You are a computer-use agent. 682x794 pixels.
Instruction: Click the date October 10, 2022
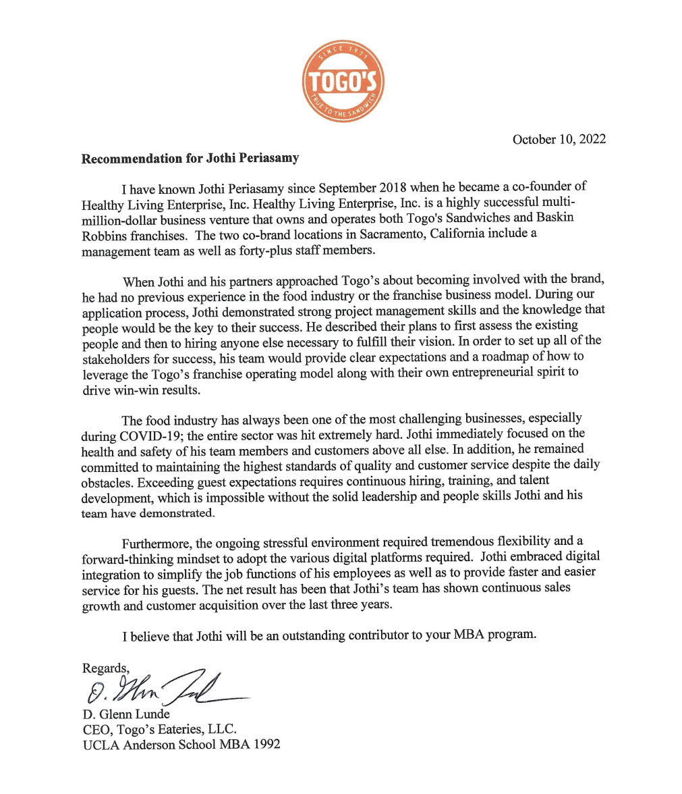[559, 140]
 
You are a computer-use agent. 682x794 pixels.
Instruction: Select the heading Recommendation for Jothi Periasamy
[190, 159]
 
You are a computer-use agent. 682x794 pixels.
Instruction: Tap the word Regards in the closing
[104, 668]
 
